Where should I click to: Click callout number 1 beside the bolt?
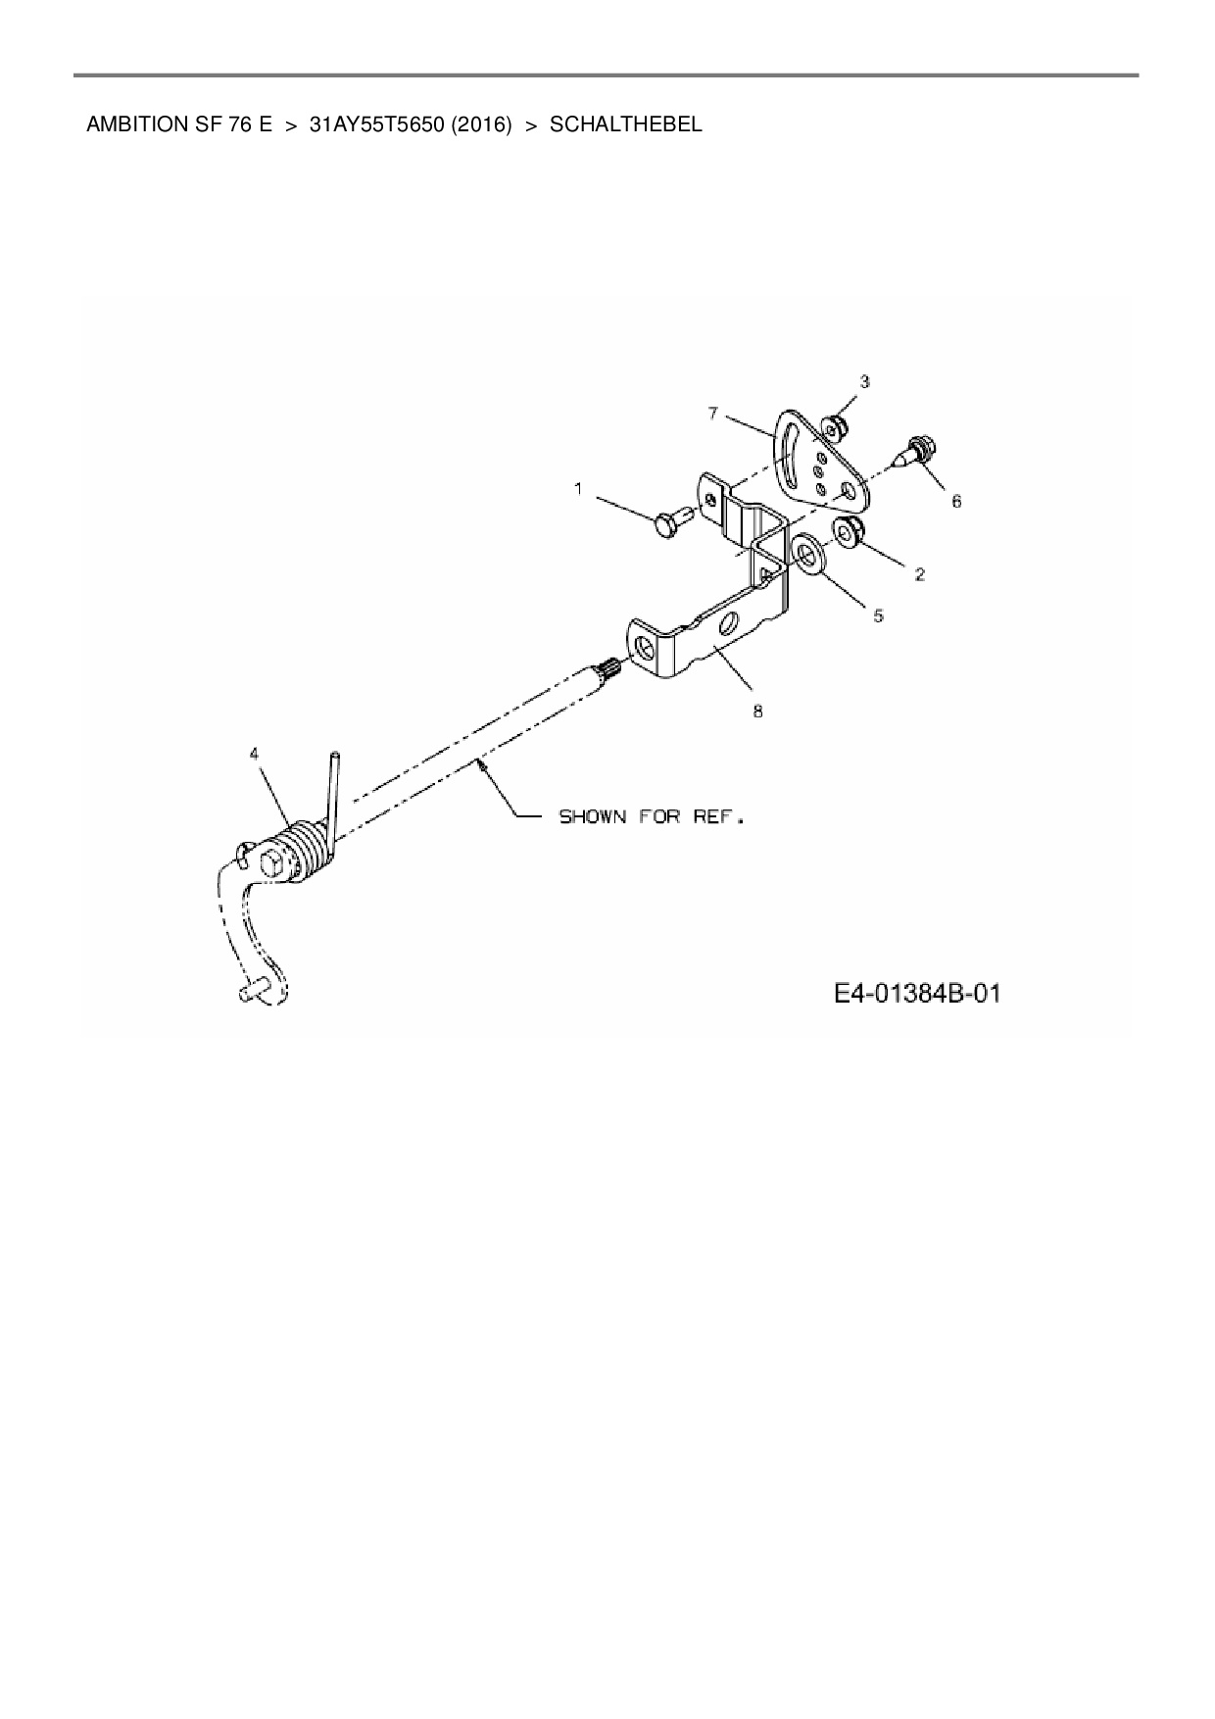pos(578,488)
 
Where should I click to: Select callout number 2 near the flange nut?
pos(920,574)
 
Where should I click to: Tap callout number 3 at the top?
pos(864,381)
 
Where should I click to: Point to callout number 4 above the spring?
pos(255,754)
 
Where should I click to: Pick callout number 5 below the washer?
pos(878,615)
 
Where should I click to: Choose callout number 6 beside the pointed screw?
pos(956,501)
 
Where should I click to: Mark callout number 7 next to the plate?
pos(712,414)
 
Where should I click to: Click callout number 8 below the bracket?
pos(757,712)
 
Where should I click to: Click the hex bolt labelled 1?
pos(670,521)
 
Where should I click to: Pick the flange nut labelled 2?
pos(849,531)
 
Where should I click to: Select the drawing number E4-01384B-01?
pos(917,994)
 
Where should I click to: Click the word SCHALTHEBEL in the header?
pos(626,124)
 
